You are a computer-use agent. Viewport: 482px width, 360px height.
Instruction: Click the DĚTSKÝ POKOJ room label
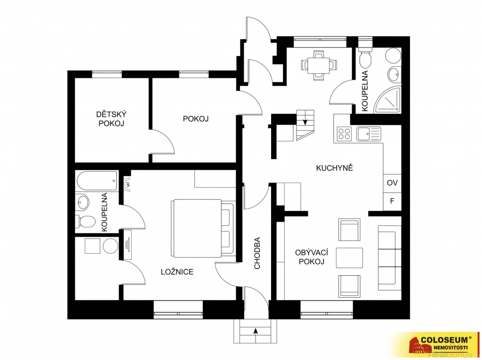click(x=111, y=119)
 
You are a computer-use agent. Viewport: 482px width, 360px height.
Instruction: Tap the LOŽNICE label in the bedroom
click(x=177, y=272)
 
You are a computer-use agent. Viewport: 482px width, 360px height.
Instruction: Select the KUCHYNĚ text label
click(x=335, y=168)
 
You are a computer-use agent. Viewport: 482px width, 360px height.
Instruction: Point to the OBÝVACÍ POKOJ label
click(x=312, y=257)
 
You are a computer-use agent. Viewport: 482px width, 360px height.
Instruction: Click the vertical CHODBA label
click(x=257, y=253)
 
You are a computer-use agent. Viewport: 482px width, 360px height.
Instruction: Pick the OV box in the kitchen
click(x=392, y=183)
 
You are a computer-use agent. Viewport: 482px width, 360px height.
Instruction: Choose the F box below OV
click(x=392, y=201)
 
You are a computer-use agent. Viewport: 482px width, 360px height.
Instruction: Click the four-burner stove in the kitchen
click(x=344, y=134)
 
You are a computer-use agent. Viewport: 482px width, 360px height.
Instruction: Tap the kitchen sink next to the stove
click(x=369, y=134)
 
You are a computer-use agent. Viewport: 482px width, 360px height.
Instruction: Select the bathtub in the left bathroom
click(x=97, y=181)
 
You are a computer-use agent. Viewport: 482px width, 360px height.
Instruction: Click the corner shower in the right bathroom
click(x=387, y=99)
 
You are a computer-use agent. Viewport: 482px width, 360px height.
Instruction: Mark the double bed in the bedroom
click(x=203, y=228)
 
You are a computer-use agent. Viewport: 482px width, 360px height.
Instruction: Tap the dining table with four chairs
click(x=319, y=65)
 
